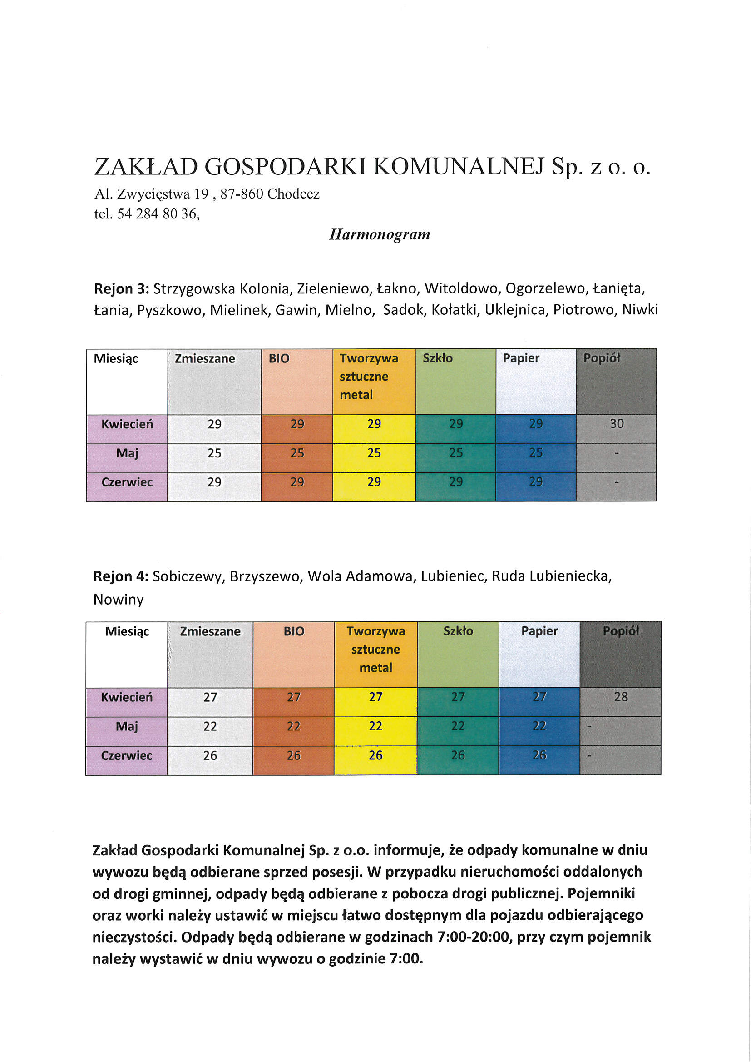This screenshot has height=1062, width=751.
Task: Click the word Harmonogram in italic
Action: tap(379, 234)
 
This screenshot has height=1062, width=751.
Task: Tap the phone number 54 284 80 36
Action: tap(157, 213)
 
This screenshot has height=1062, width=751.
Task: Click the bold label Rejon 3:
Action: tap(121, 288)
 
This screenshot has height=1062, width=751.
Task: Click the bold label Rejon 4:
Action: tap(121, 576)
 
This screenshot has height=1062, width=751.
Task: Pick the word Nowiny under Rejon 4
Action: tap(119, 600)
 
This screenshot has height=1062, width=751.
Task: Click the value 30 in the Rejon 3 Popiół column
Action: tap(617, 424)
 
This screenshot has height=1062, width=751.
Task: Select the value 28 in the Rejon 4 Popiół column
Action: tap(621, 697)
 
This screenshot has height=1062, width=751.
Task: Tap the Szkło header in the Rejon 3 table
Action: tap(437, 358)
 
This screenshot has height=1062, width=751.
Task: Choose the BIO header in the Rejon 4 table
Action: tap(294, 631)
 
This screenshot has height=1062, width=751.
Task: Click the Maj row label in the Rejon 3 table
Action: tap(127, 453)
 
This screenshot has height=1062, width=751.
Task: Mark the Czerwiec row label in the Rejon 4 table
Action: tap(127, 755)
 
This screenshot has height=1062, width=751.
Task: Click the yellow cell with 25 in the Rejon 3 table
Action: tap(374, 453)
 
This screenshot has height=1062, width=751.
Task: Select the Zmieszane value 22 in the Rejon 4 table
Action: tap(210, 726)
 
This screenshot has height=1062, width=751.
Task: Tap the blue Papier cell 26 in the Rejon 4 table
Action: tap(539, 755)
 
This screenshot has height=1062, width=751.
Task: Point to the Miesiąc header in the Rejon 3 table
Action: tap(116, 358)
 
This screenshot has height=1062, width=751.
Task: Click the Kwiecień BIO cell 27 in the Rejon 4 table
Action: tap(294, 697)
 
